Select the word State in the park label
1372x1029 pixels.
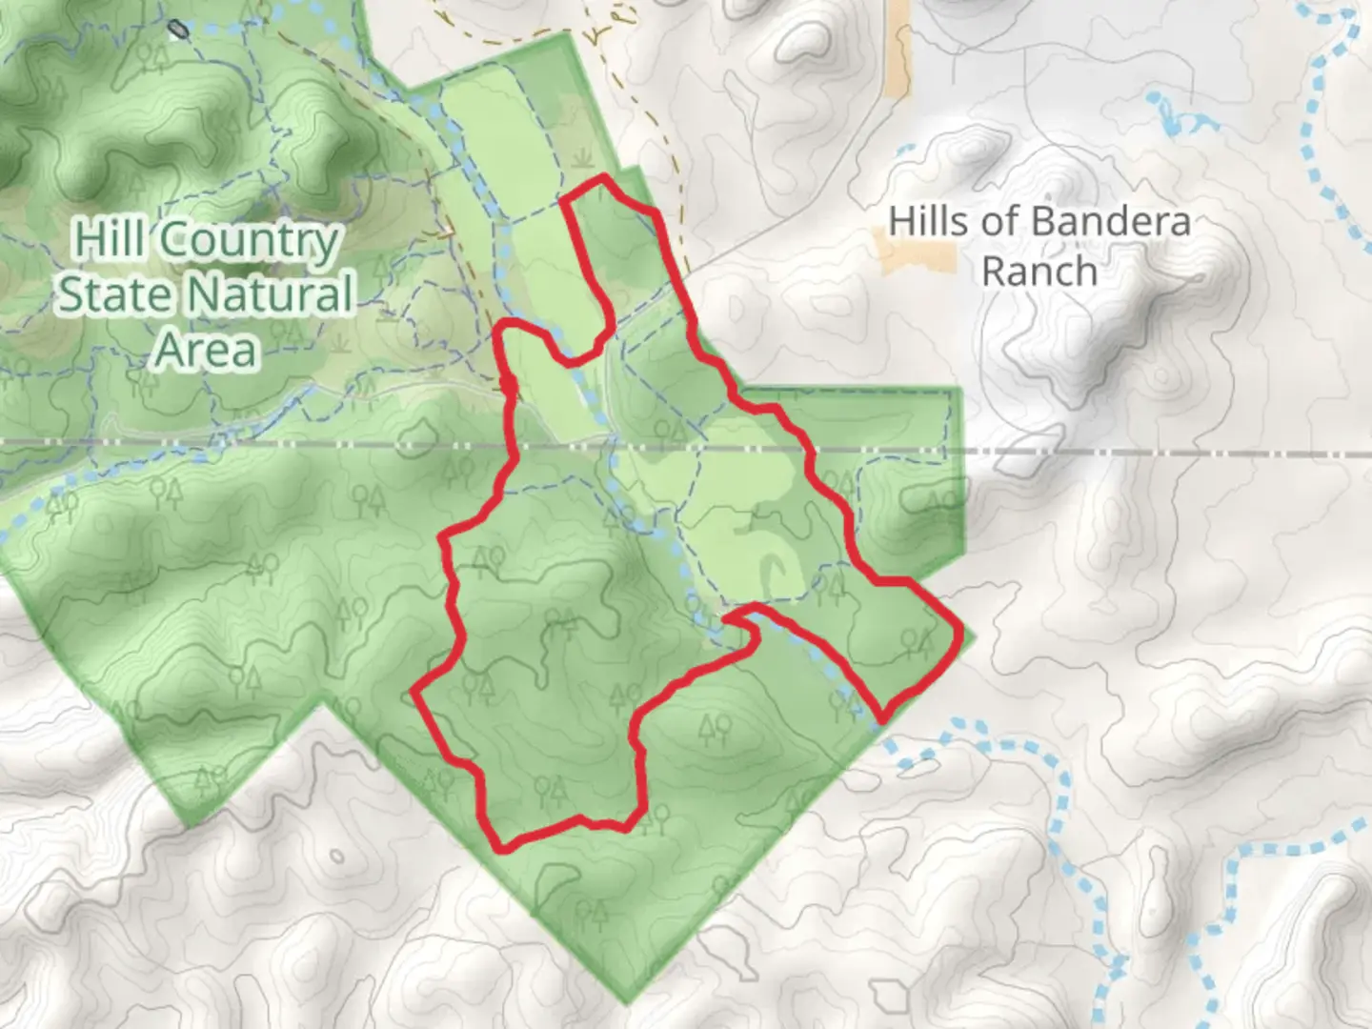point(103,295)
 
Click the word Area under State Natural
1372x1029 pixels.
point(206,350)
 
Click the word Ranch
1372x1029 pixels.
point(1039,272)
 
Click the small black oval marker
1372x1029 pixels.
point(178,30)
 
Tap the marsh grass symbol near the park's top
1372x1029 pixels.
point(581,158)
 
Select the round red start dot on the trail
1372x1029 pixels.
point(509,385)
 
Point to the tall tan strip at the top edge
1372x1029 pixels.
point(898,48)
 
